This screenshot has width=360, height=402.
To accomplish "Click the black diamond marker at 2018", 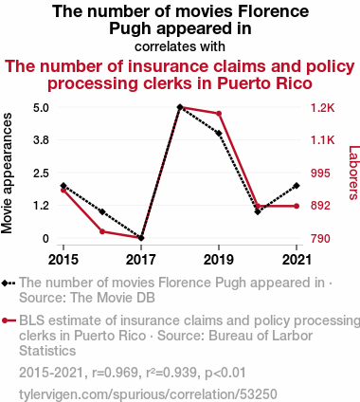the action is pos(180,107).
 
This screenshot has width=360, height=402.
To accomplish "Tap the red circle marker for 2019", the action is pos(219,114).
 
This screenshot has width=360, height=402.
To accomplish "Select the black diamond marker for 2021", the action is pos(297,186).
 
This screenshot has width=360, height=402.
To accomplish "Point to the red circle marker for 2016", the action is pos(102,231).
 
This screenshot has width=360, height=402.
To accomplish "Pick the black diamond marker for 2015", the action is pos(63,186).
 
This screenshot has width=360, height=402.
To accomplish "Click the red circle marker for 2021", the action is pos(297,206).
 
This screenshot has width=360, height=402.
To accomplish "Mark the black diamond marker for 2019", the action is pos(219,134).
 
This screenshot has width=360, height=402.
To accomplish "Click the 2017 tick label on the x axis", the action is pos(141,260).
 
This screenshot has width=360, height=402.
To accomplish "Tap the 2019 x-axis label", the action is pos(219,260).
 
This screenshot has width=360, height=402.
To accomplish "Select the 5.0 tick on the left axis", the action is pos(41,108).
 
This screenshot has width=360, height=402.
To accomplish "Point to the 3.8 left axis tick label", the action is pos(41,140).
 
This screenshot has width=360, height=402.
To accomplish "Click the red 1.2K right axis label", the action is pos(322,108).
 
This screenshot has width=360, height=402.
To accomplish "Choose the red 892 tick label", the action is pos(320,206).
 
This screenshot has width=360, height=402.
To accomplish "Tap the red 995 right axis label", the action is pos(320,174).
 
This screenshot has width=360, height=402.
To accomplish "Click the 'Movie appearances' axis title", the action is pos(7,174).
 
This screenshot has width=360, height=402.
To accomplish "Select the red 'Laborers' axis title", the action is pos(354,173).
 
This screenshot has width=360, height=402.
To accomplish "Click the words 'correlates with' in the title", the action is pos(180,46).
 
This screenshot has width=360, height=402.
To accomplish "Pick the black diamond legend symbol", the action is pos(9,283).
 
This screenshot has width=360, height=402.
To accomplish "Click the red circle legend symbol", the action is pos(9,320).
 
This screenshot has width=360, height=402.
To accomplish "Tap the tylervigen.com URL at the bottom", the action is pos(148,394).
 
